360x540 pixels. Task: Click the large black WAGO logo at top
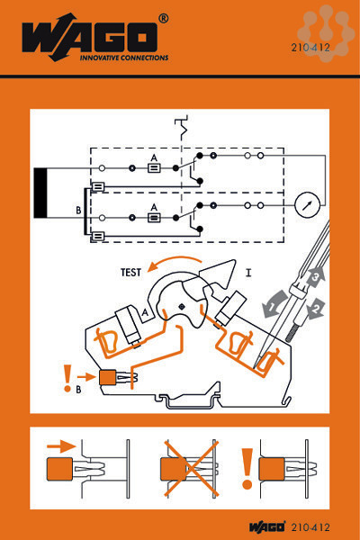(x=90, y=37)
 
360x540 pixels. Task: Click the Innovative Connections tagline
(x=124, y=58)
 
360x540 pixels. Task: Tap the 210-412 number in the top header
(x=310, y=47)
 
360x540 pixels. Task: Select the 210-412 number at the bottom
(x=310, y=527)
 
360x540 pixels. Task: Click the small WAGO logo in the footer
(x=267, y=526)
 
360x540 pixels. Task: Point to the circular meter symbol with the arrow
(x=307, y=205)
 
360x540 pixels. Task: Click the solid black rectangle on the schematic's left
(x=40, y=193)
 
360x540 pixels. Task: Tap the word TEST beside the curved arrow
(x=130, y=273)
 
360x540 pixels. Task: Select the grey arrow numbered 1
(x=274, y=304)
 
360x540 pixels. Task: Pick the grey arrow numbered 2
(x=317, y=308)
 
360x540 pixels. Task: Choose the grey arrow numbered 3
(x=316, y=276)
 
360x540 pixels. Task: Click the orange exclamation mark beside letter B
(x=67, y=378)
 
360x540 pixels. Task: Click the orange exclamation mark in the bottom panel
(x=247, y=469)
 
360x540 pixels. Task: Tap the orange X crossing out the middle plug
(x=192, y=468)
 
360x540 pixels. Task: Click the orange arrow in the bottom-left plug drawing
(x=61, y=446)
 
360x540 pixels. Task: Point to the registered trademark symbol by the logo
(x=163, y=18)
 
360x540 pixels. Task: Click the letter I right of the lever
(x=248, y=273)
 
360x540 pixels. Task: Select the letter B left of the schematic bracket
(x=78, y=210)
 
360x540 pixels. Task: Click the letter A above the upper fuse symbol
(x=154, y=158)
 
